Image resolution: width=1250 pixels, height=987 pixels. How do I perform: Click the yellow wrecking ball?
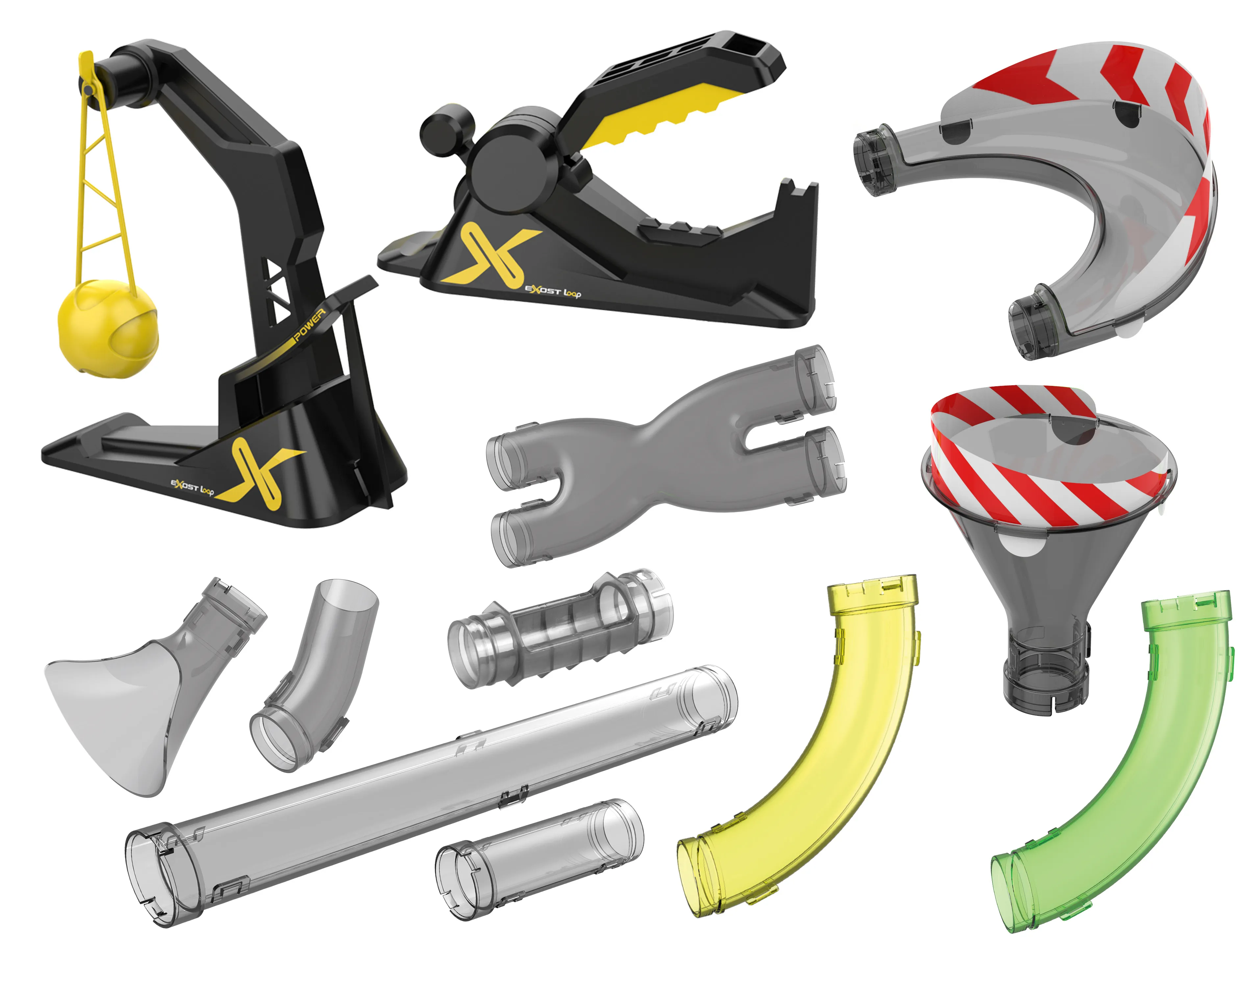tap(108, 328)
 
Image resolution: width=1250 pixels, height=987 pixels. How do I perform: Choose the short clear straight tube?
tap(539, 859)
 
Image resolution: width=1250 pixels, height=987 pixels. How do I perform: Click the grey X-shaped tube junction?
tap(664, 457)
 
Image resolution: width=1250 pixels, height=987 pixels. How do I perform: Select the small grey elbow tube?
tap(315, 676)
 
